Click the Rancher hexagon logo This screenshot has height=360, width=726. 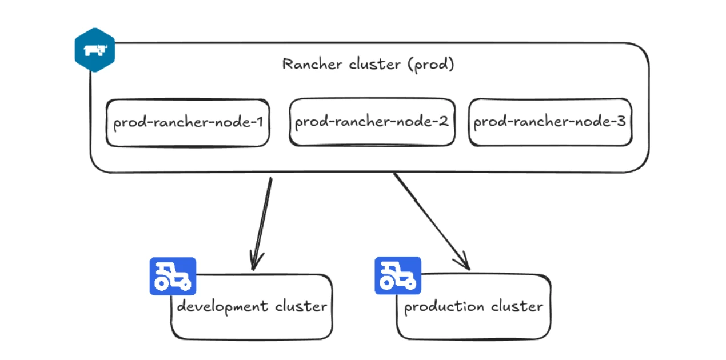[x=95, y=50]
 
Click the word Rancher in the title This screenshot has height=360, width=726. [x=312, y=64]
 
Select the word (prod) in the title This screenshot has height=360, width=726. [x=430, y=65]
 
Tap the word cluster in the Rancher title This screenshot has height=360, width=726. [x=374, y=64]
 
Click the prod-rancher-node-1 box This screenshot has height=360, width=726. [x=188, y=123]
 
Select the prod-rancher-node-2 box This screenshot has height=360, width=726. [x=372, y=122]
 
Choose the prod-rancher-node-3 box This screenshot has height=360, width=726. [x=550, y=122]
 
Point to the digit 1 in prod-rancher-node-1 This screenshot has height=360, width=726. [x=260, y=122]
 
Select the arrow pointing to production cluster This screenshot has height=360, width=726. [x=432, y=222]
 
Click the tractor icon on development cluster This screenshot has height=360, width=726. [x=173, y=276]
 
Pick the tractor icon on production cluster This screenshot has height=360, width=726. [x=398, y=275]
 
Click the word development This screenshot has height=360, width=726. [x=223, y=306]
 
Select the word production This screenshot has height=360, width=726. [x=444, y=306]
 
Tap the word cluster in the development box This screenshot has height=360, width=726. [x=301, y=306]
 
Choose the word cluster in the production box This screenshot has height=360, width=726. [x=517, y=306]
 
